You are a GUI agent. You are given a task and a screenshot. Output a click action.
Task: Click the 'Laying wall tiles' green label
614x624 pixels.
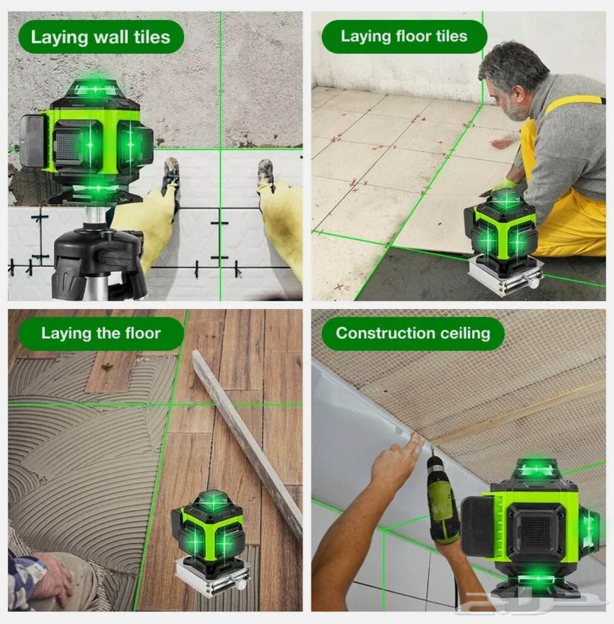[x=100, y=37]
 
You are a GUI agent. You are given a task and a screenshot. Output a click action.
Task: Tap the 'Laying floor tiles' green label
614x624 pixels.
[x=404, y=37]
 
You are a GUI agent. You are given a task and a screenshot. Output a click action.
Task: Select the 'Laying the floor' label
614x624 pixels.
[x=100, y=333]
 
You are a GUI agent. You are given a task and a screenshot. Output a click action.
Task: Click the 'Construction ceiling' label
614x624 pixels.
[x=413, y=333]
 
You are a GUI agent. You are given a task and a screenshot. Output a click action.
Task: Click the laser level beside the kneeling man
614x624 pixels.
[x=505, y=232]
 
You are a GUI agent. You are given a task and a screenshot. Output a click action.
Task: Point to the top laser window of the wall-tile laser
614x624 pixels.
[x=96, y=89]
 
